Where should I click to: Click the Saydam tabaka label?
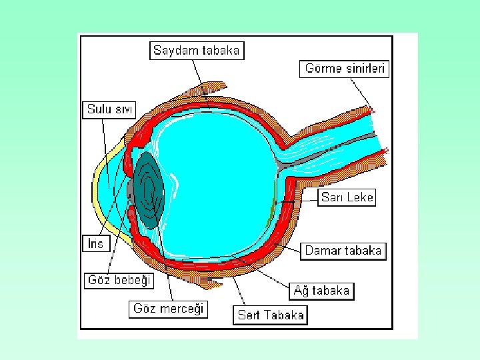[x=197, y=50]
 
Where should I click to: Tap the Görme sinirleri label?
[x=347, y=68]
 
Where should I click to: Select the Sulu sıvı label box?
[x=109, y=109]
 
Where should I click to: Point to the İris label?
[x=97, y=243]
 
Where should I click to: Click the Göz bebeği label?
[x=120, y=280]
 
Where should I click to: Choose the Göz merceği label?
[x=169, y=309]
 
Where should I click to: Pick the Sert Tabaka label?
[x=271, y=315]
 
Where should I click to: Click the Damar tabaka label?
[x=344, y=251]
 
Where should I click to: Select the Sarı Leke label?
[x=347, y=197]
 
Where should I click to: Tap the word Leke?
[x=360, y=197]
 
